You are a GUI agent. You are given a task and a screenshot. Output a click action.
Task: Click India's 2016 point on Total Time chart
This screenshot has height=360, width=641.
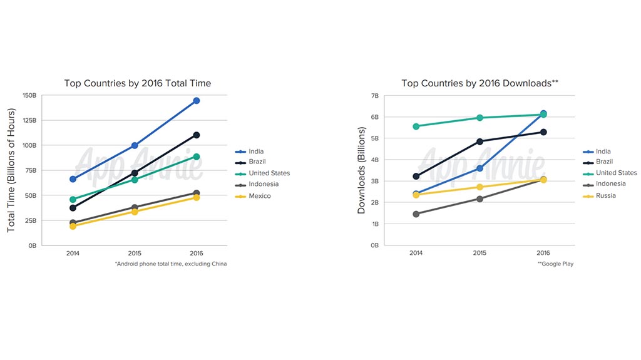click(197, 101)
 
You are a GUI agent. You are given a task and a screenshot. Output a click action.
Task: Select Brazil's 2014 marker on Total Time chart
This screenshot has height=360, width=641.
click(73, 208)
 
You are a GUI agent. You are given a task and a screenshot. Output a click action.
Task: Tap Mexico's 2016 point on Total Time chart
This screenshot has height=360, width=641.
click(197, 198)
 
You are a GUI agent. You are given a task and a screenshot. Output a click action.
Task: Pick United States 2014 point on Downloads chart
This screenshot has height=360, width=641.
click(416, 126)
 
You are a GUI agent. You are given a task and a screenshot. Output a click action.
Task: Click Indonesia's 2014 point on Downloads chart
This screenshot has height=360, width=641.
click(416, 214)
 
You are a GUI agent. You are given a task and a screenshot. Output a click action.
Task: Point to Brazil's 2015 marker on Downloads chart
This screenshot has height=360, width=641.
click(479, 141)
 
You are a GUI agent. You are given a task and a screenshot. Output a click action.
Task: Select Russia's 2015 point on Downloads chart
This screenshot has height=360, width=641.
click(479, 187)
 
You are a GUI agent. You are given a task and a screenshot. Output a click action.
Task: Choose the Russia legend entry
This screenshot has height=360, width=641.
click(605, 195)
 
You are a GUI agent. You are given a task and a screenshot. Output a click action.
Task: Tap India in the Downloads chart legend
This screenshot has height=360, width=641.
click(602, 152)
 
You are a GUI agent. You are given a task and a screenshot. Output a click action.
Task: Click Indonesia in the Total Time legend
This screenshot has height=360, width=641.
click(263, 184)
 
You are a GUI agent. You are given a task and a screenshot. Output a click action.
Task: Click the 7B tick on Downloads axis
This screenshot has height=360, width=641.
click(375, 96)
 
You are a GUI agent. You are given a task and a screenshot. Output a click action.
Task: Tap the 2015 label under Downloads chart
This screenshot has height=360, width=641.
click(479, 253)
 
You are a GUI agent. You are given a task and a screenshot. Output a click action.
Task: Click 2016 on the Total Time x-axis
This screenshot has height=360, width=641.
click(197, 253)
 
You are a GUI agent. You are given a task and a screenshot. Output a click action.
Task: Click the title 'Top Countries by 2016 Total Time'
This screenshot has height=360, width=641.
click(138, 83)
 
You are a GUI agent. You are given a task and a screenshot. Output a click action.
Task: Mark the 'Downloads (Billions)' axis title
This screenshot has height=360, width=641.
click(362, 170)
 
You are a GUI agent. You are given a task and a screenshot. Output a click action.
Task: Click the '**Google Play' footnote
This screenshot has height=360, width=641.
click(555, 264)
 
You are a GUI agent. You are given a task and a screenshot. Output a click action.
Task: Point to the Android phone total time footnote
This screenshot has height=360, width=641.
click(170, 264)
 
